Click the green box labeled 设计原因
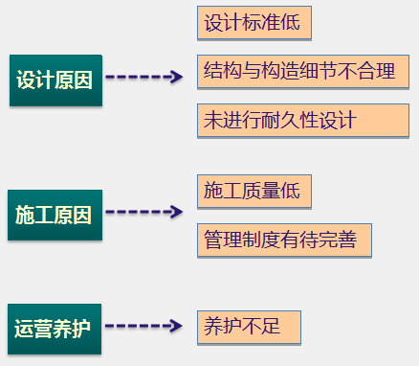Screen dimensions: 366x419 [55, 79]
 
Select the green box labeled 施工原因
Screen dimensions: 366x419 [54, 214]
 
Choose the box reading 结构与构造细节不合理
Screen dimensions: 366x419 [298, 70]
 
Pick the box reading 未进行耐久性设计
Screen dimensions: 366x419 [279, 120]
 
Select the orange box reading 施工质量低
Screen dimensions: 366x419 [253, 191]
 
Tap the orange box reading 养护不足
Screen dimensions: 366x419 [248, 326]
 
